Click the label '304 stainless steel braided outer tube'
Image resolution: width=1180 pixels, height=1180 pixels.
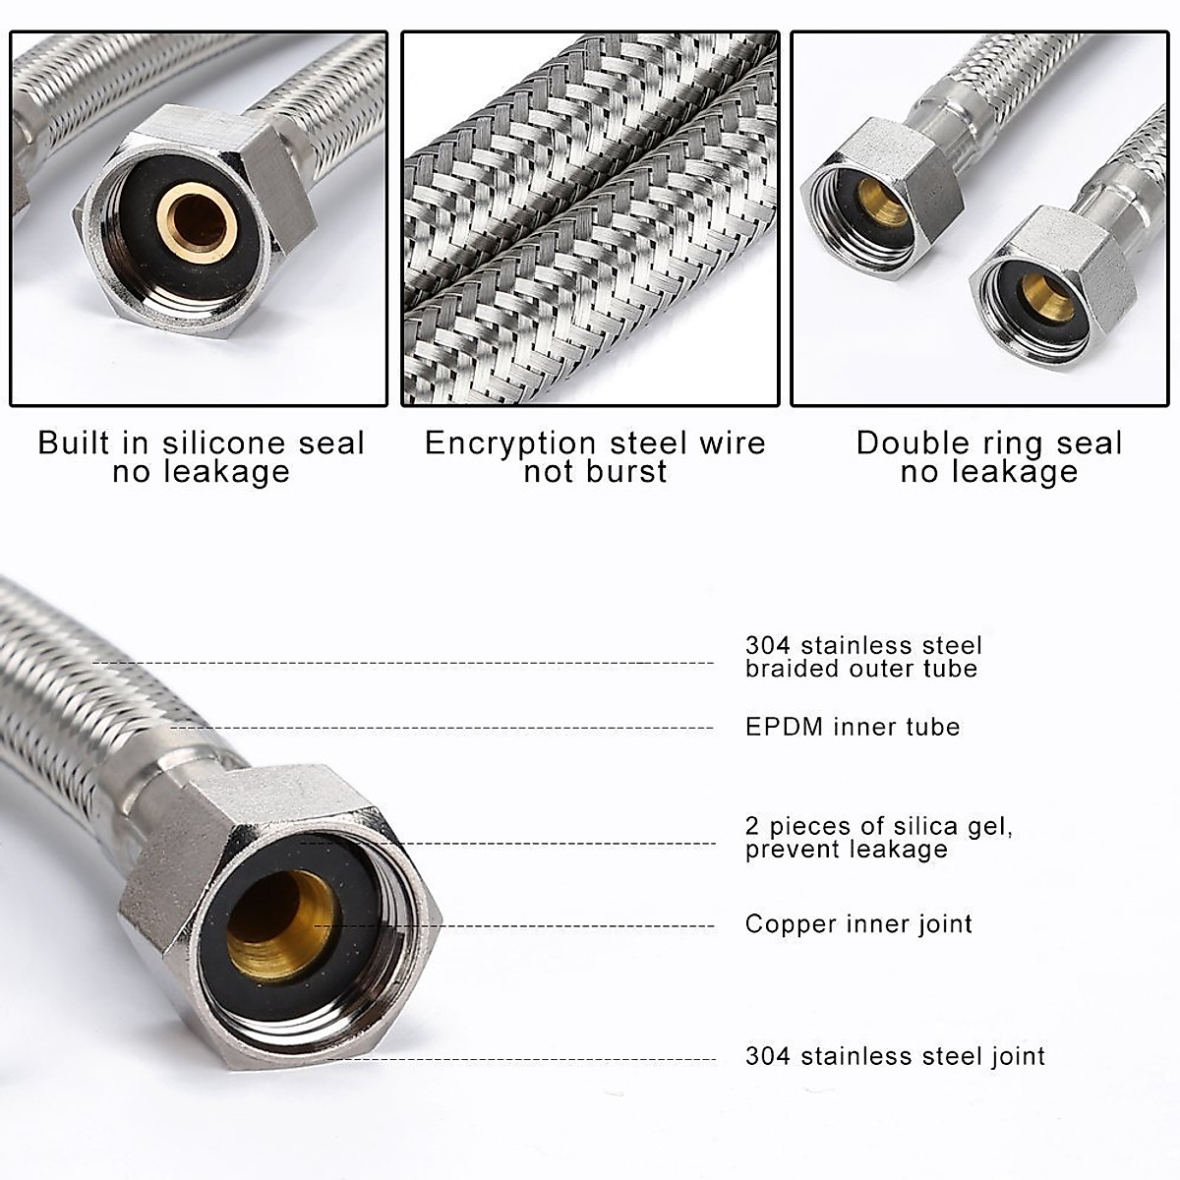[862, 657]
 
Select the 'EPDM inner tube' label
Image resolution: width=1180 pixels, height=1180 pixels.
[852, 727]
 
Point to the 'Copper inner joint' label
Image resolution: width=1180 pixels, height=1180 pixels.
[858, 923]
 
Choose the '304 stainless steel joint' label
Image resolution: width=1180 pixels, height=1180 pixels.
[895, 1056]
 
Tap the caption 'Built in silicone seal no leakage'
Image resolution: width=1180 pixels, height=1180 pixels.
[201, 456]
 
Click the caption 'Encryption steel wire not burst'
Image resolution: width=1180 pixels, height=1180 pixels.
[594, 456]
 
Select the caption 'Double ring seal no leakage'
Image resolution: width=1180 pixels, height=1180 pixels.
[988, 456]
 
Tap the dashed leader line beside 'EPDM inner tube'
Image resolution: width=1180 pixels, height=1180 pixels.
[442, 729]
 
